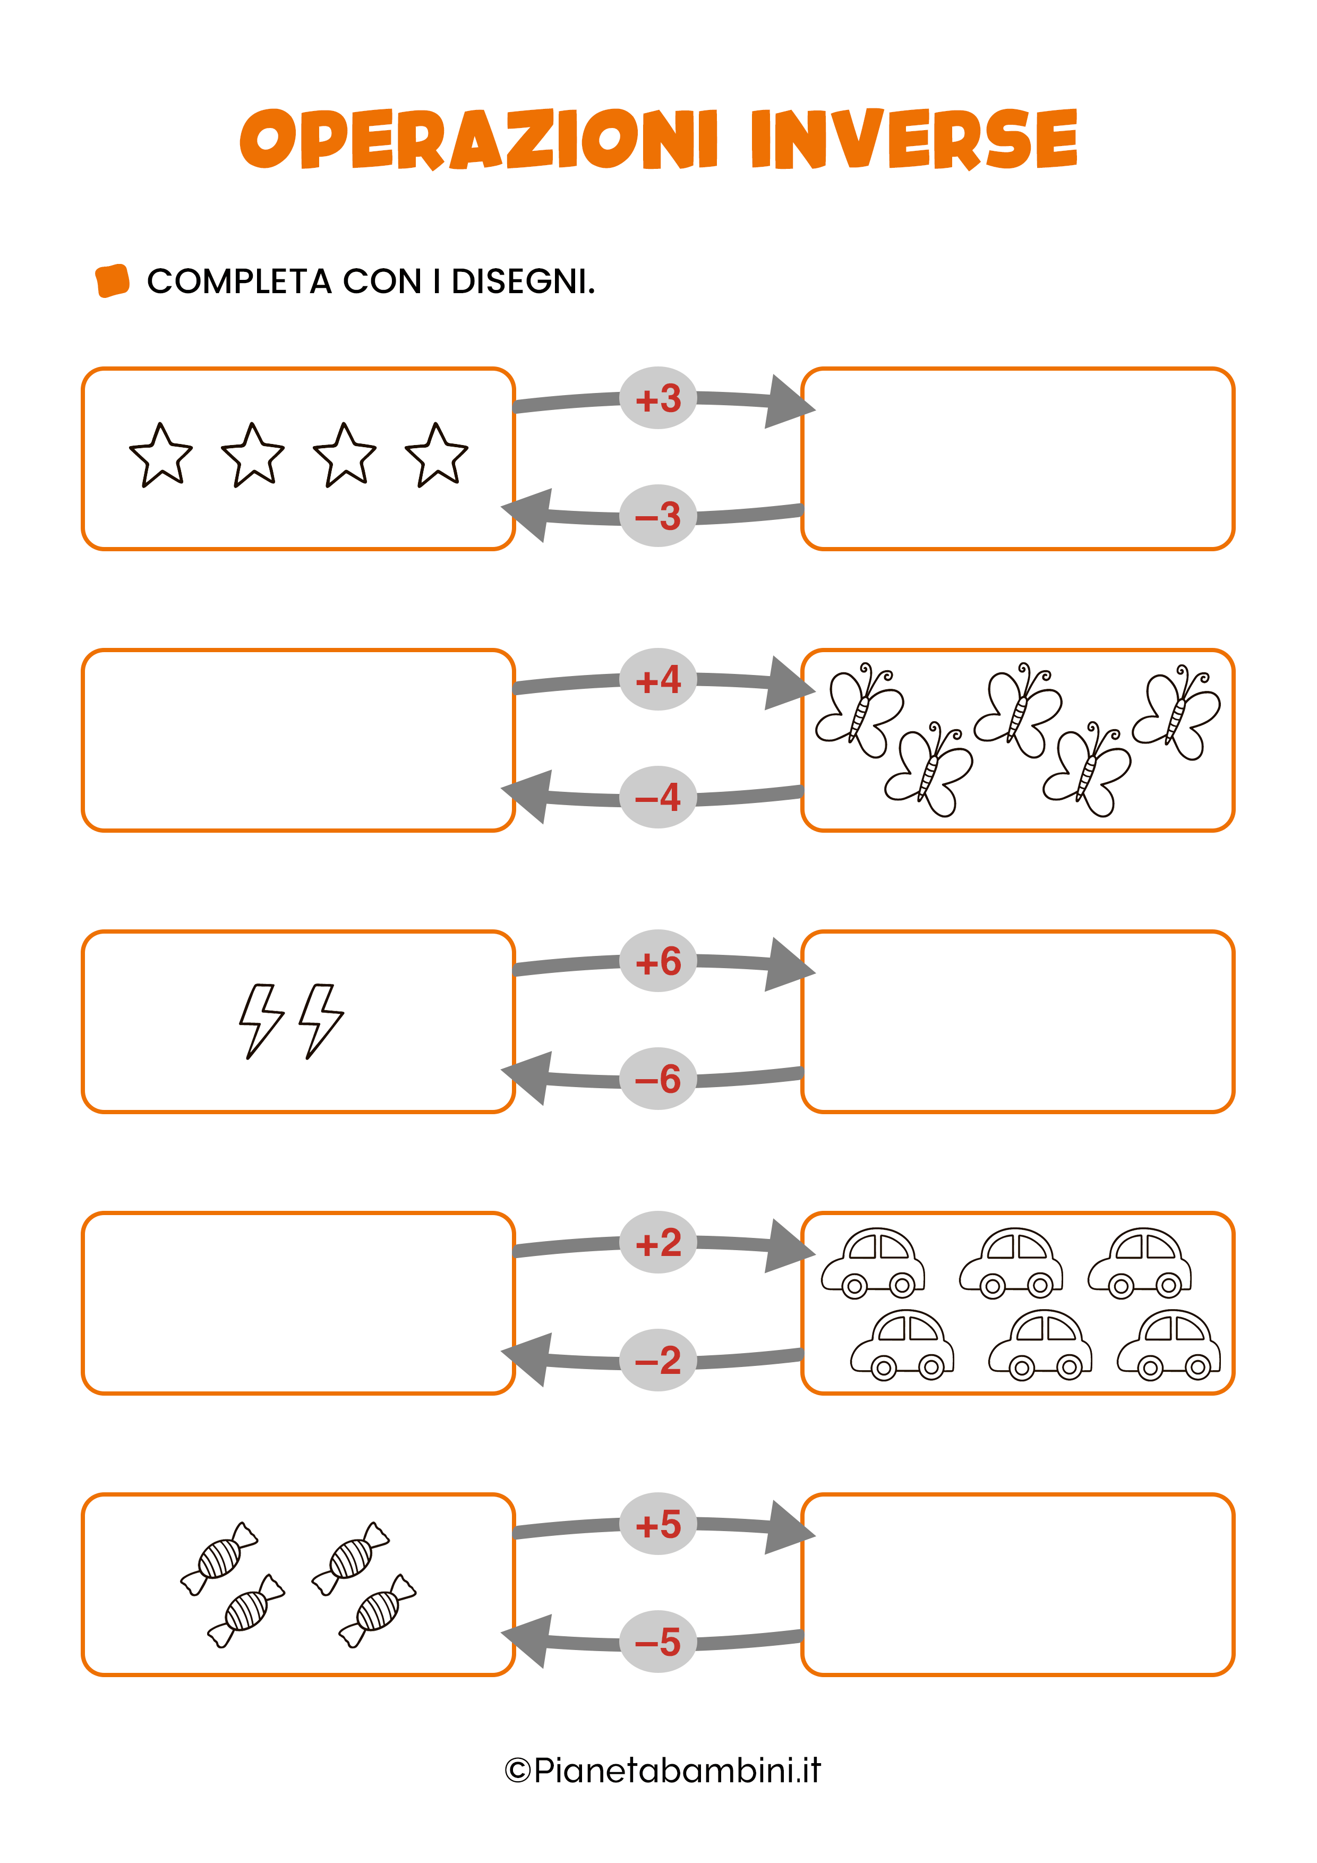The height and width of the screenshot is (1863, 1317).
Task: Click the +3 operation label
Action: click(x=657, y=398)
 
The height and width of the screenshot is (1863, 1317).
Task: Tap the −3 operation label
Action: click(x=657, y=516)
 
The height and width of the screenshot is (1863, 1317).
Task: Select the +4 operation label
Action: click(x=657, y=680)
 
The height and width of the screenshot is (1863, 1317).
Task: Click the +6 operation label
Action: click(x=657, y=962)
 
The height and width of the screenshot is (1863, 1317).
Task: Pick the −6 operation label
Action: click(x=657, y=1079)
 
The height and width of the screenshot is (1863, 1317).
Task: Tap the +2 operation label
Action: click(x=657, y=1243)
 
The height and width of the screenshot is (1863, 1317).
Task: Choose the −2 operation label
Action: click(x=657, y=1361)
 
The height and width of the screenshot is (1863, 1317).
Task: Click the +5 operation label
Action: click(x=657, y=1525)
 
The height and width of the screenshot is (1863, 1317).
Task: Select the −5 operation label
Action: click(x=657, y=1642)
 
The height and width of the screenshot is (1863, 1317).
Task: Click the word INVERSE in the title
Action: click(x=914, y=140)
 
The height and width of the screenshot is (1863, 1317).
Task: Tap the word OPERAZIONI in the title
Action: click(x=479, y=140)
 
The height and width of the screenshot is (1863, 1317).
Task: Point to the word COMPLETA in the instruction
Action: click(x=240, y=281)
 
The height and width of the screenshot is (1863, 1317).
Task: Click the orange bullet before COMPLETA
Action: click(x=113, y=281)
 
